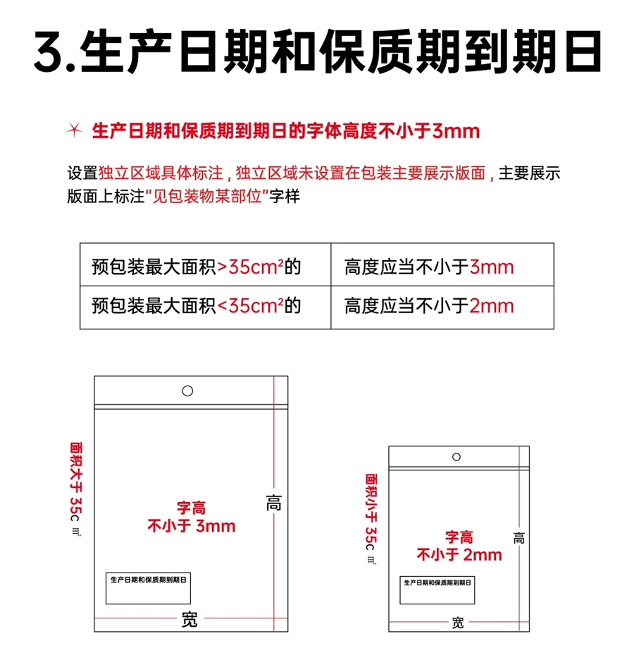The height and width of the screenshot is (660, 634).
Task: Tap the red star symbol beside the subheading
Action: pos(75,130)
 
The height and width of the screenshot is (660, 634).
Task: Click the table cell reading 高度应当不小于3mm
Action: pos(442,264)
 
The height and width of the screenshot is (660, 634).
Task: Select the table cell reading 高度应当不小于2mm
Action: pos(442,307)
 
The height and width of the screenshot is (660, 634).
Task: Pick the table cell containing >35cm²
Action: pos(206,264)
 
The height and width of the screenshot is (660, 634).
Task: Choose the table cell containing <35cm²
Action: pos(206,307)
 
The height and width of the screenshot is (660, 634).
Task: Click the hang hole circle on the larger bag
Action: pos(187,391)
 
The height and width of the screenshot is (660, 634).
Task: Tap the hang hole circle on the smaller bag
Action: pos(456,457)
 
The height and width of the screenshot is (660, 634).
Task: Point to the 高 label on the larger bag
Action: pos(273,503)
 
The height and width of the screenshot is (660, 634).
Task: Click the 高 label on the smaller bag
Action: pos(518,538)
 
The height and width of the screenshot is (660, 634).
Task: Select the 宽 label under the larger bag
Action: pos(189,619)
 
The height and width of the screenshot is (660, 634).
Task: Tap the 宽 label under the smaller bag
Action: pos(458,623)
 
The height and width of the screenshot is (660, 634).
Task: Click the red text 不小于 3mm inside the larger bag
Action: pos(192,526)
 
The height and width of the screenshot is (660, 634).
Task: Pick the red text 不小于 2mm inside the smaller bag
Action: pos(459,555)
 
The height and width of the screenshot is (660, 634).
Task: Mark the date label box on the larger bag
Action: pos(148,588)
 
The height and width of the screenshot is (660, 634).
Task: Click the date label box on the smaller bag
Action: pos(437,590)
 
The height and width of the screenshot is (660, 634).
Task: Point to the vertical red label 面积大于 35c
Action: pos(76,482)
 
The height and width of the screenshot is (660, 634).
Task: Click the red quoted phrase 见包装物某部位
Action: pos(207,197)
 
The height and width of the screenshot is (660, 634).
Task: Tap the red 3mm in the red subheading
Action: pos(456,131)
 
